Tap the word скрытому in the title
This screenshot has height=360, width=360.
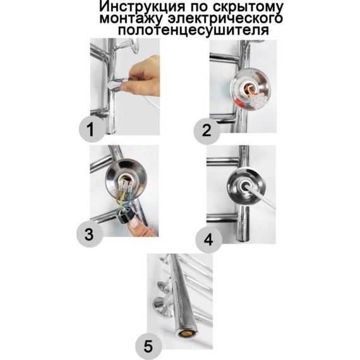pyautogui.click(x=248, y=7)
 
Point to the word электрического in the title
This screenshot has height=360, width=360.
pyautogui.click(x=225, y=18)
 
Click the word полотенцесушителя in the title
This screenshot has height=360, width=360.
pyautogui.click(x=193, y=30)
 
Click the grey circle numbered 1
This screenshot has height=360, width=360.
pyautogui.click(x=92, y=129)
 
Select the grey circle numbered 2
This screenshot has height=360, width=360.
pyautogui.click(x=207, y=131)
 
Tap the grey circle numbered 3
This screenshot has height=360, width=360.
pyautogui.click(x=90, y=234)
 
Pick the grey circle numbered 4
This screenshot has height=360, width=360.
pyautogui.click(x=208, y=240)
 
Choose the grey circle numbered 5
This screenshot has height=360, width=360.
pyautogui.click(x=148, y=345)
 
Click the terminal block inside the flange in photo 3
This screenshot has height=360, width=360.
pyautogui.click(x=125, y=186)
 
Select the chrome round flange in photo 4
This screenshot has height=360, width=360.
pyautogui.click(x=246, y=186)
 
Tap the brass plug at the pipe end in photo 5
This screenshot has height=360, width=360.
pyautogui.click(x=188, y=333)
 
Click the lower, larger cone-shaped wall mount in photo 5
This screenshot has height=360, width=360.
pyautogui.click(x=163, y=307)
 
